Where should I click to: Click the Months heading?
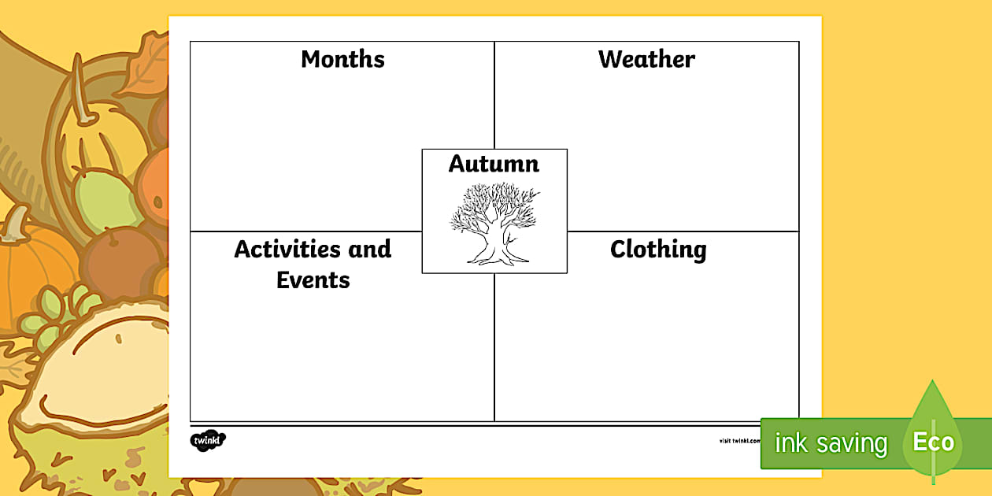[x=342, y=60]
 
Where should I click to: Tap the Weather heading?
[x=646, y=60]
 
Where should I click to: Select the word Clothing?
[x=658, y=250]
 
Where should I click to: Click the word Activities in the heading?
[x=287, y=250]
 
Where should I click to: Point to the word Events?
[x=313, y=280]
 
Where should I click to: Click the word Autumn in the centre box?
[x=494, y=165]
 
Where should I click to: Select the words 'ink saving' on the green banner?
[x=831, y=443]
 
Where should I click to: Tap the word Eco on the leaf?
[x=933, y=442]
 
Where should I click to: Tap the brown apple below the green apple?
[x=122, y=260]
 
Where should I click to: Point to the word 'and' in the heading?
[x=369, y=250]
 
